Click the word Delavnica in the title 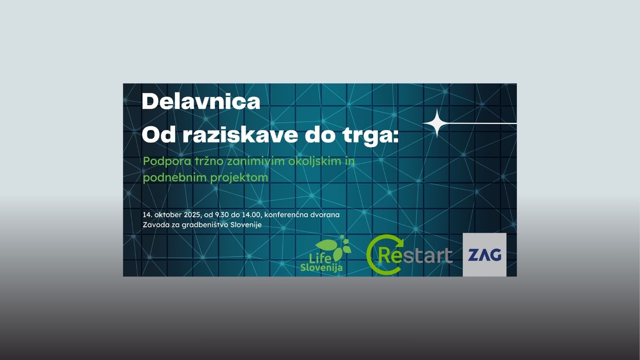(x=201, y=102)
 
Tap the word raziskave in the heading (x=240, y=135)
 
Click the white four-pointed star (x=437, y=124)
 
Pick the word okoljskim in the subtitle (x=314, y=162)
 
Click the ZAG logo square (x=484, y=255)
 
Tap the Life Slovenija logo (x=326, y=253)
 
